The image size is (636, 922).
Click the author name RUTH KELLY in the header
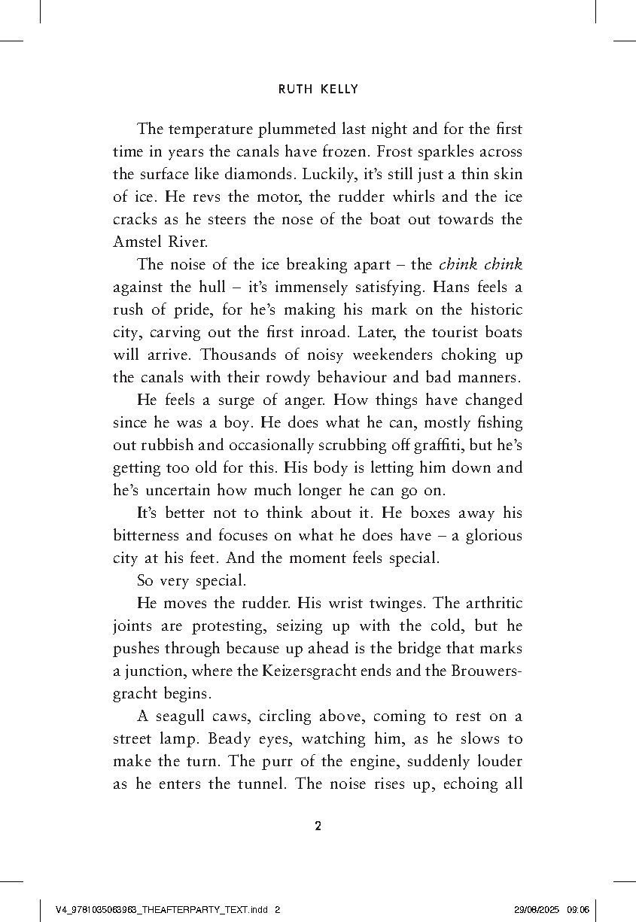(x=318, y=89)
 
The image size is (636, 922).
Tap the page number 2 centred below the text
(x=318, y=826)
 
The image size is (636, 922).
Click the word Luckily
(x=326, y=175)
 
